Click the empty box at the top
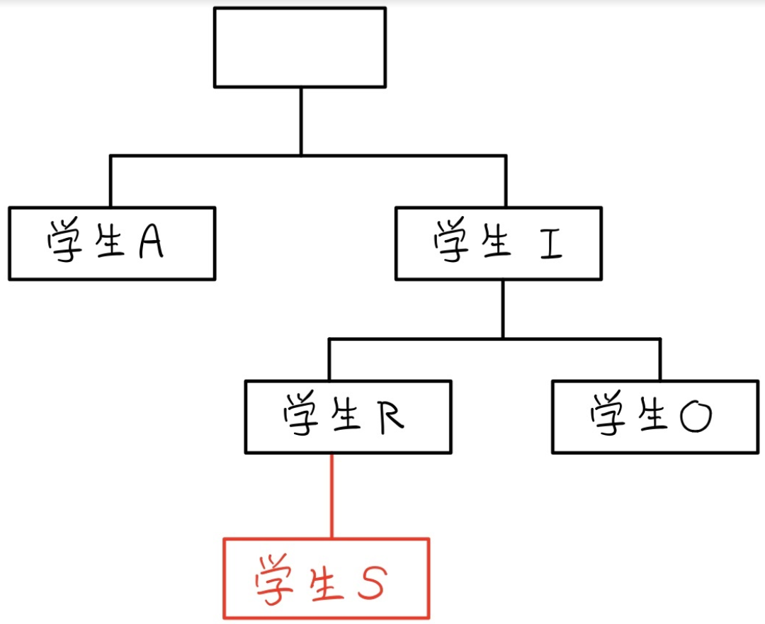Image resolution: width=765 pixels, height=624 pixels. click(300, 47)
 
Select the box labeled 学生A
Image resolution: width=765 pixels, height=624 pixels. click(112, 244)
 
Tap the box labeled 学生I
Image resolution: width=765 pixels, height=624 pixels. click(499, 243)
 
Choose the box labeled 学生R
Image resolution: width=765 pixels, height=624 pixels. click(348, 417)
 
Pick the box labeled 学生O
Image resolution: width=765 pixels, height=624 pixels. click(654, 417)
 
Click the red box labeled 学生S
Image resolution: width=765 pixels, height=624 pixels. click(327, 578)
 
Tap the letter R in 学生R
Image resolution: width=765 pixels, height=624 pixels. click(389, 416)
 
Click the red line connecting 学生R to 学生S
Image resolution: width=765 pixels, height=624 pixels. click(331, 496)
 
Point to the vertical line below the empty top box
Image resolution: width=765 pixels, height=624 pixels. click(300, 120)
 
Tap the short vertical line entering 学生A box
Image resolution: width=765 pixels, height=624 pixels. click(111, 181)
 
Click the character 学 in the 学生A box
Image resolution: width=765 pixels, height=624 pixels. click(64, 244)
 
